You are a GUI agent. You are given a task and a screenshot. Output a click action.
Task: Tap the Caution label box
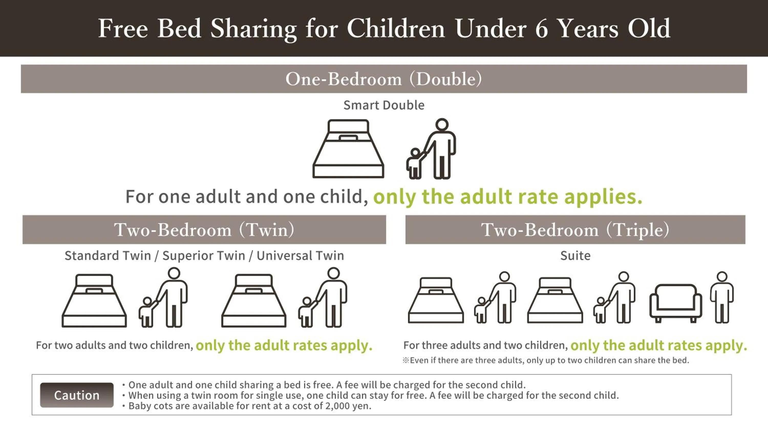pyautogui.click(x=77, y=395)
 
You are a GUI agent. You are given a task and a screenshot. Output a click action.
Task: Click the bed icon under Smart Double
pyautogui.click(x=348, y=148)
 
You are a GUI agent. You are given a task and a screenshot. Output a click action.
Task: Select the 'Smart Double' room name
pyautogui.click(x=384, y=105)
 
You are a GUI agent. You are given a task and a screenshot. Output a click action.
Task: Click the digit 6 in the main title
pyautogui.click(x=542, y=29)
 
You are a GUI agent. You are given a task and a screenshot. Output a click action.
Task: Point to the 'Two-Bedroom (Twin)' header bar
pyautogui.click(x=204, y=230)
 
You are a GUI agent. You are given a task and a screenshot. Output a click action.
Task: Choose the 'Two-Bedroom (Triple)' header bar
pyautogui.click(x=575, y=230)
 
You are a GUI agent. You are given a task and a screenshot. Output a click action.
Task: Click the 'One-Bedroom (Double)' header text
pyautogui.click(x=384, y=79)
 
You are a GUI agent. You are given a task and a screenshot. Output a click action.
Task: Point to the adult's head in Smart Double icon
pyautogui.click(x=442, y=125)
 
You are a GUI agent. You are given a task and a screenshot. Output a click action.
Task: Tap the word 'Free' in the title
pyautogui.click(x=123, y=29)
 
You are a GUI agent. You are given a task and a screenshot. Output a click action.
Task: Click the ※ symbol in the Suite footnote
pyautogui.click(x=406, y=360)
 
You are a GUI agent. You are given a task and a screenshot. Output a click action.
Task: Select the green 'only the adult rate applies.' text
pyautogui.click(x=508, y=197)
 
